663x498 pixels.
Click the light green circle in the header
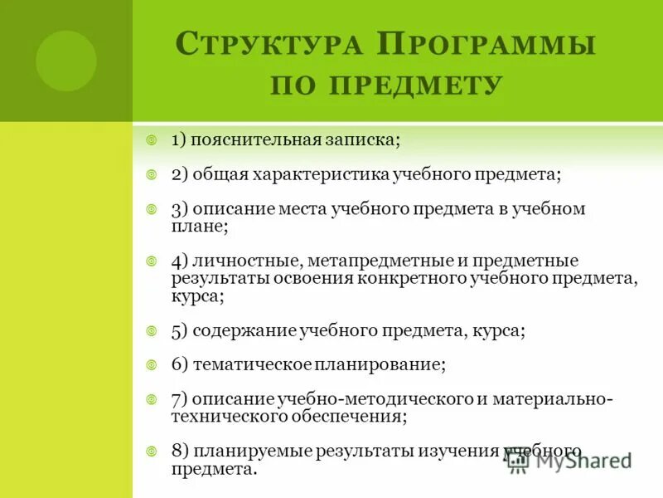pyautogui.click(x=66, y=61)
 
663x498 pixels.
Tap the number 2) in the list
pyautogui.click(x=181, y=175)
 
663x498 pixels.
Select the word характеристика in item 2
pyautogui.click(x=323, y=175)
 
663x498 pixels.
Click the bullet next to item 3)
pyautogui.click(x=152, y=208)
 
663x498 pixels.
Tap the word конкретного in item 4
pyautogui.click(x=415, y=278)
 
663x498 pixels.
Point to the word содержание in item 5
pyautogui.click(x=240, y=330)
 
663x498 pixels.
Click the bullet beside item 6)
pyautogui.click(x=152, y=364)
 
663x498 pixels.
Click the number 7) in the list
pyautogui.click(x=181, y=399)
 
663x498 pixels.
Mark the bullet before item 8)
pyautogui.click(x=152, y=452)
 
